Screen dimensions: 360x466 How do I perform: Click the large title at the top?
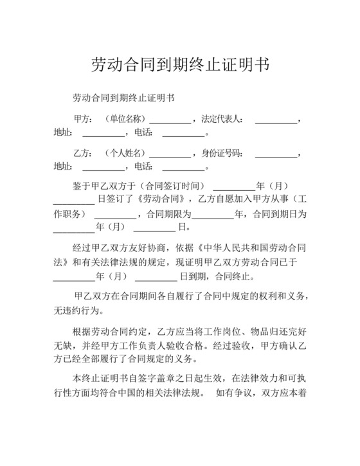[x=179, y=65]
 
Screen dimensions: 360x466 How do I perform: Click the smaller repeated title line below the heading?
[x=124, y=98]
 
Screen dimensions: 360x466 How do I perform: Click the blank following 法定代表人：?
[x=276, y=120]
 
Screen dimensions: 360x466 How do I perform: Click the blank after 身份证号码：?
[x=276, y=154]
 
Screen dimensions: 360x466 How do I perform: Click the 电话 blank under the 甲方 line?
[x=183, y=134]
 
